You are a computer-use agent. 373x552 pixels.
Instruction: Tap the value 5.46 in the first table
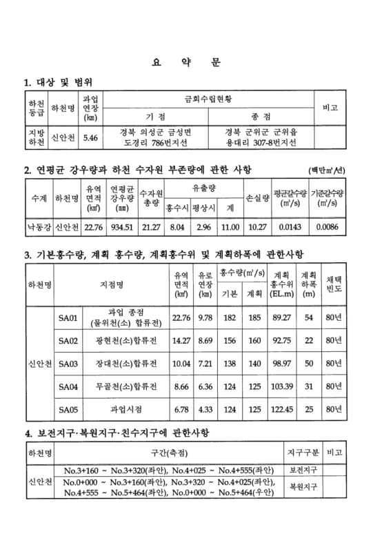point(90,138)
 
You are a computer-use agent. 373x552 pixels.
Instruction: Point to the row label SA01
point(69,317)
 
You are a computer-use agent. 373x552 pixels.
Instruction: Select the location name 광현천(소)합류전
point(127,340)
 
